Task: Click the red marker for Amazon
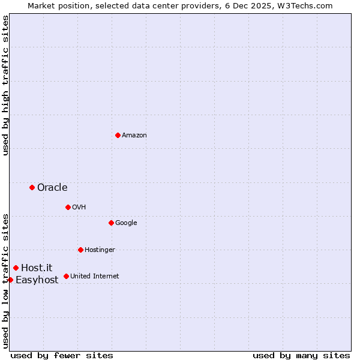[118, 135]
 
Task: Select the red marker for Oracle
[32, 187]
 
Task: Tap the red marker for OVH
[68, 207]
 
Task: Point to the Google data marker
[111, 223]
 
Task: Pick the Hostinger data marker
[80, 250]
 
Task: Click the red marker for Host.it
[16, 268]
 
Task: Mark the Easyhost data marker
[10, 280]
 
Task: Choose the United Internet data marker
[66, 276]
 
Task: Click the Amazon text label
[134, 136]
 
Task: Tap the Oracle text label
[52, 188]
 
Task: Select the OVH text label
[79, 208]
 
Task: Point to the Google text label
[126, 223]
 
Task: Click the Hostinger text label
[100, 250]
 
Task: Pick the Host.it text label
[37, 268]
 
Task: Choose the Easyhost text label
[37, 280]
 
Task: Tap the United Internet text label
[94, 277]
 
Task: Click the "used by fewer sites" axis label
[62, 355]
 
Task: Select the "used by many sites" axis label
[301, 355]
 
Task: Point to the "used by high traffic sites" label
[6, 85]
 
